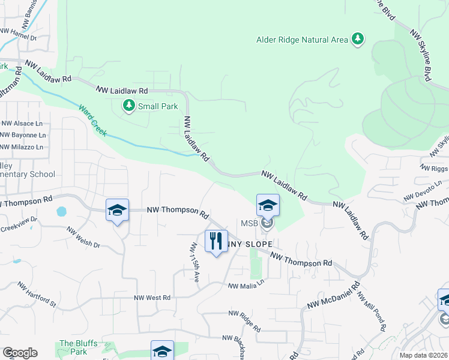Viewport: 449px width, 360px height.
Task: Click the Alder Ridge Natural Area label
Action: pyautogui.click(x=302, y=40)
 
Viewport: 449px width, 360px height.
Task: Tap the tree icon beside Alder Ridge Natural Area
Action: pyautogui.click(x=358, y=39)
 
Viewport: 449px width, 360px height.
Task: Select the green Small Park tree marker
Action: pyautogui.click(x=128, y=106)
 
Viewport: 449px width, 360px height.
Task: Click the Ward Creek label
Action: pyautogui.click(x=93, y=120)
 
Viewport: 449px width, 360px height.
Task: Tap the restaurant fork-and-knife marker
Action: pyautogui.click(x=216, y=241)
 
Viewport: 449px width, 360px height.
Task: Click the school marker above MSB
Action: pyautogui.click(x=268, y=205)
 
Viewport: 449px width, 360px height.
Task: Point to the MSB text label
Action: pyautogui.click(x=250, y=224)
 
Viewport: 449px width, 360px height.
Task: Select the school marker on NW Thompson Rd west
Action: pyautogui.click(x=117, y=210)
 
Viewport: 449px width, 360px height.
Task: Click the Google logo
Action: pyautogui.click(x=20, y=353)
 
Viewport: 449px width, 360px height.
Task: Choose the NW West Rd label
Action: pyautogui.click(x=152, y=298)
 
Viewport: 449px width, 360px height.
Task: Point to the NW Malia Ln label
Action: pyautogui.click(x=246, y=284)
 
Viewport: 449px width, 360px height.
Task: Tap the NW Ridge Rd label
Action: pyautogui.click(x=244, y=321)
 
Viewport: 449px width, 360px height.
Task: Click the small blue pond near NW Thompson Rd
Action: pyautogui.click(x=61, y=212)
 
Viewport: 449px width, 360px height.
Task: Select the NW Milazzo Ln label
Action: pyautogui.click(x=22, y=147)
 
